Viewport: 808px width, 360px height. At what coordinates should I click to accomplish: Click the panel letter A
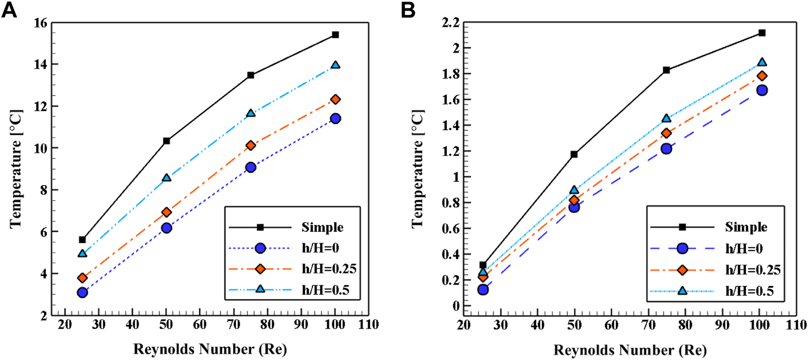(11, 10)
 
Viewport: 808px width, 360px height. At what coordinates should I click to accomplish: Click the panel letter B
(422, 10)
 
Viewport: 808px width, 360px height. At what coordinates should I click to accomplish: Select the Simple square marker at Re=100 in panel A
(335, 35)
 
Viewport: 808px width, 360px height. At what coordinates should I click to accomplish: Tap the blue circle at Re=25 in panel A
(82, 292)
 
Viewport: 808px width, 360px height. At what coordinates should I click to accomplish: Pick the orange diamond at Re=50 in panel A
(166, 212)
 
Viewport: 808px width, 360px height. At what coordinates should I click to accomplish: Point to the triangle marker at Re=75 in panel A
(251, 113)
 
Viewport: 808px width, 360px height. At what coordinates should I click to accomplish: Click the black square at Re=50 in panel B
(574, 154)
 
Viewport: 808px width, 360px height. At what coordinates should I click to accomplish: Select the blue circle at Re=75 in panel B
(666, 148)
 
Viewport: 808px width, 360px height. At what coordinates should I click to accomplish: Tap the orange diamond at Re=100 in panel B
(762, 76)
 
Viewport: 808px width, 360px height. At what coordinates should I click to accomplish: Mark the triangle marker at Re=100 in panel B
(762, 62)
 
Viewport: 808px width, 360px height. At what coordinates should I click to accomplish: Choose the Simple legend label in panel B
(746, 227)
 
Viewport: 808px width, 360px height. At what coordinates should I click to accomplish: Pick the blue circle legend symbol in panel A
(261, 248)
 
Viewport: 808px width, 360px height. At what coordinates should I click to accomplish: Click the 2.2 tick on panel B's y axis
(452, 23)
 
